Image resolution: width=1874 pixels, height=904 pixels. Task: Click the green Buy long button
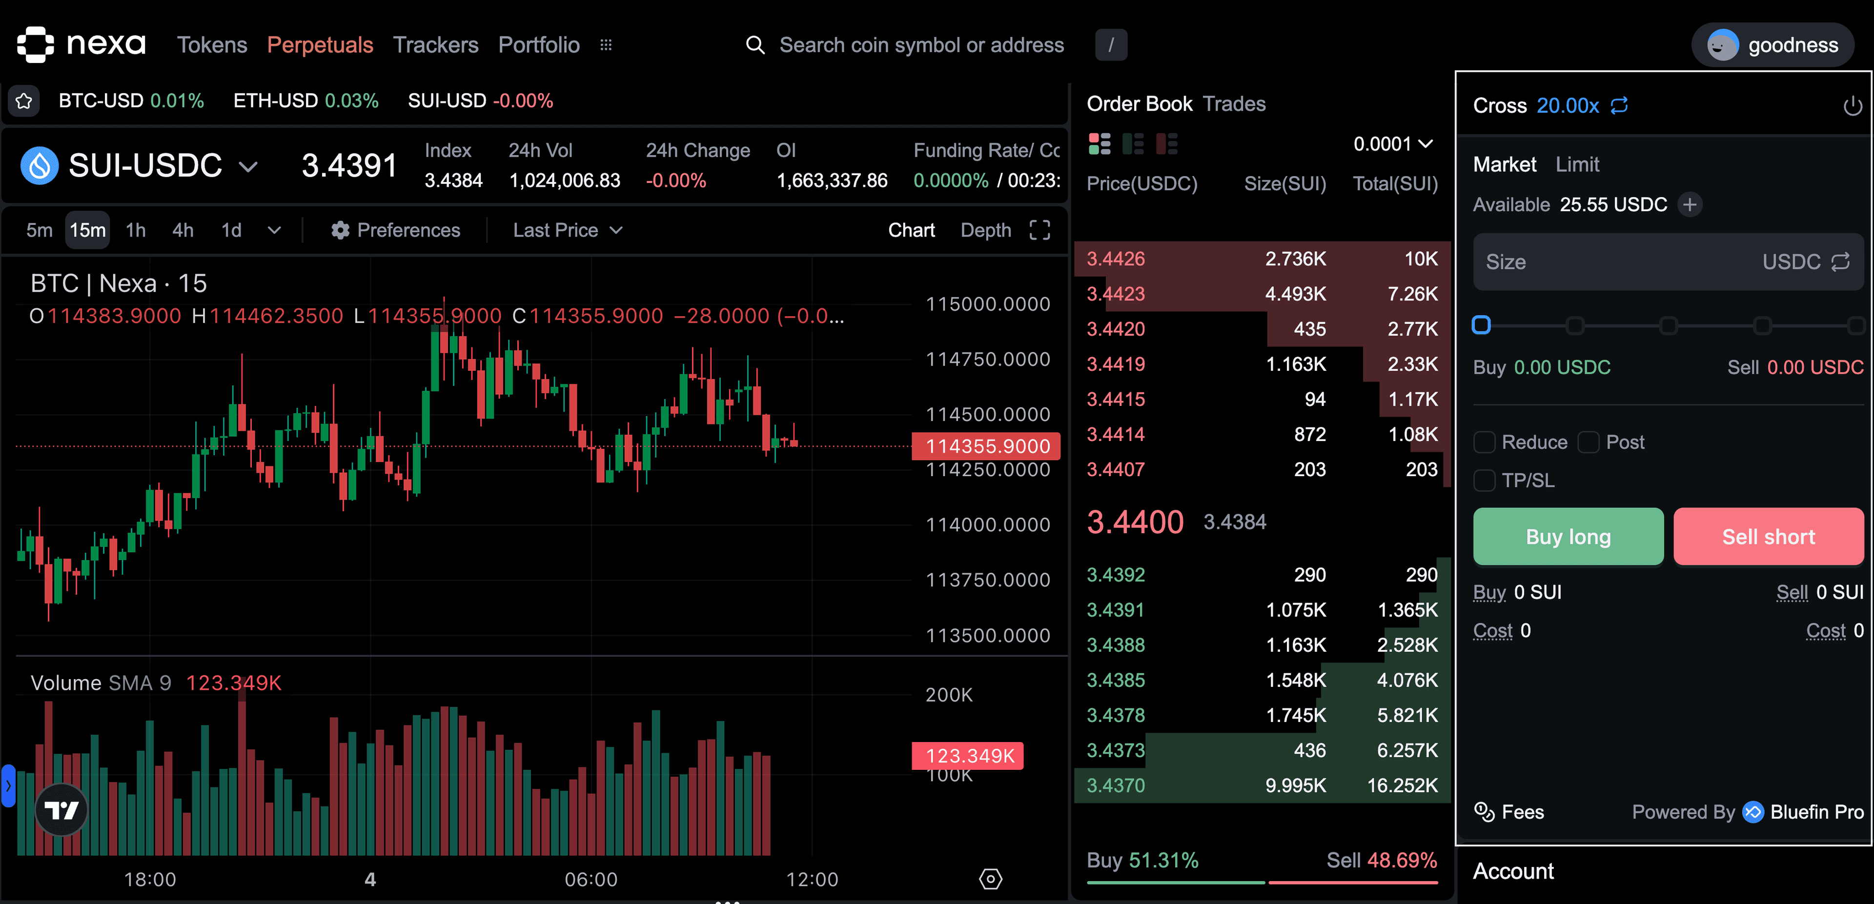coord(1568,537)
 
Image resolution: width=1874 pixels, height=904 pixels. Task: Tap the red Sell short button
coord(1768,537)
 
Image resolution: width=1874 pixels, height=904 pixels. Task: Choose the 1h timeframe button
coord(135,231)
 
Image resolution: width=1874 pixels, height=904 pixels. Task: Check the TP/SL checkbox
coord(1484,481)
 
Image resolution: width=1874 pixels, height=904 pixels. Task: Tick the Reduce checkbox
coord(1484,442)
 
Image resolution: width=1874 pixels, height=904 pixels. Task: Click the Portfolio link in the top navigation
coord(538,45)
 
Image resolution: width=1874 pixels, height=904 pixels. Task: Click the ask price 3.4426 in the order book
coord(1115,259)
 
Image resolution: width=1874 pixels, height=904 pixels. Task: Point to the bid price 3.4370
coord(1115,785)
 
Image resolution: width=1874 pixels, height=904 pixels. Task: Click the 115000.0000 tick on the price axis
coord(987,304)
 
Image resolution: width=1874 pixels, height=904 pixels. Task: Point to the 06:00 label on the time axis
coord(591,879)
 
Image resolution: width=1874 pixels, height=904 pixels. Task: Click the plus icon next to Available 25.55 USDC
coord(1689,205)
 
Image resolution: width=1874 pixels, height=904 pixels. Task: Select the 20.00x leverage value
coord(1567,106)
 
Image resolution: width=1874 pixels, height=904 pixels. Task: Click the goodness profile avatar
coord(1722,45)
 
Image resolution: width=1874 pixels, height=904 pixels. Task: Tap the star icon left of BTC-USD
coord(24,101)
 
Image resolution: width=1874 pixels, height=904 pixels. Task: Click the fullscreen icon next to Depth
coord(1039,231)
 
